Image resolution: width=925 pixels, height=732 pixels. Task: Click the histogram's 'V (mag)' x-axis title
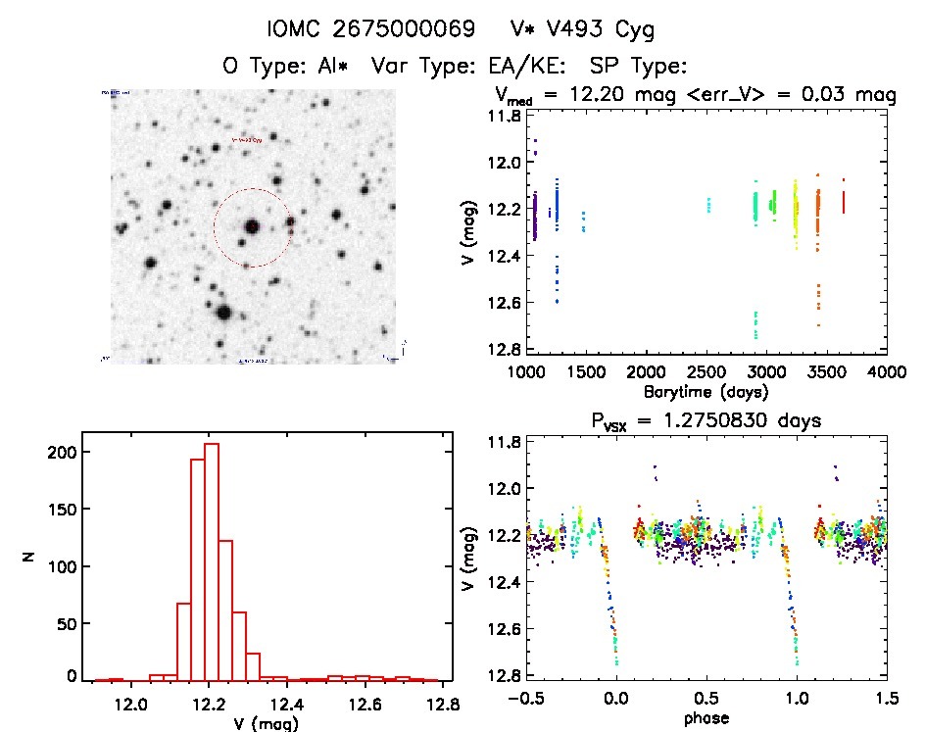[269, 723]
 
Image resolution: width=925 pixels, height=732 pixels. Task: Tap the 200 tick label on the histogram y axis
[58, 453]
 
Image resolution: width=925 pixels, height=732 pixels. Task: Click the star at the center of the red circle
[252, 226]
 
